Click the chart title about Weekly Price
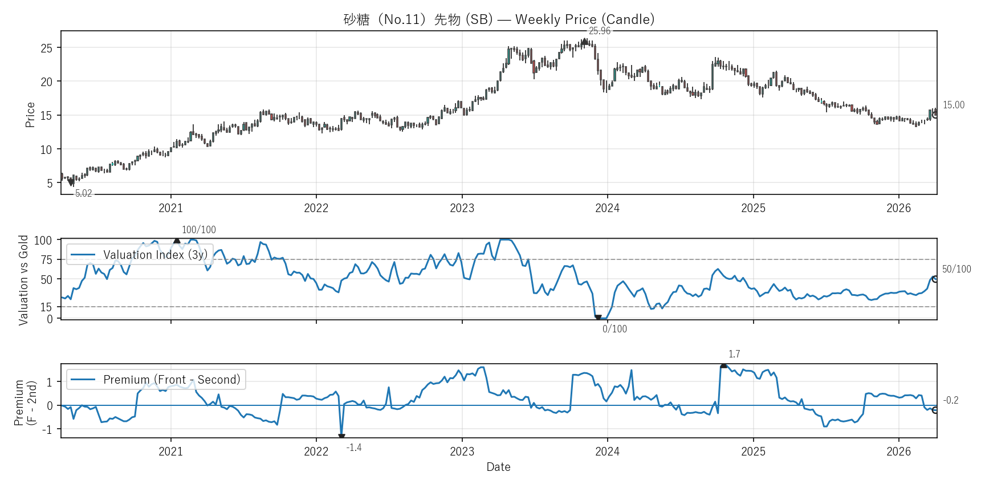click(499, 19)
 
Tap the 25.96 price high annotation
click(599, 31)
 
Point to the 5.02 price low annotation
click(84, 193)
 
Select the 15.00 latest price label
click(953, 105)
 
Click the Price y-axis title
click(30, 115)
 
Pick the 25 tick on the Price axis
click(46, 48)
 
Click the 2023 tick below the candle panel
click(462, 208)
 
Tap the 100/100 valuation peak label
click(198, 230)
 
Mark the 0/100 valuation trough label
click(614, 329)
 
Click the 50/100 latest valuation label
click(956, 269)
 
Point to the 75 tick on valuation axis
click(46, 260)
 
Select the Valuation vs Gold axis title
click(23, 280)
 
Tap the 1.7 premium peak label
click(734, 354)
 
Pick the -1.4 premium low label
click(354, 448)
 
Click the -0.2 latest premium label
click(951, 400)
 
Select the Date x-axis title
click(498, 467)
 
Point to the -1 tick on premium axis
click(49, 429)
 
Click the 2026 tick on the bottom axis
click(898, 452)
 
